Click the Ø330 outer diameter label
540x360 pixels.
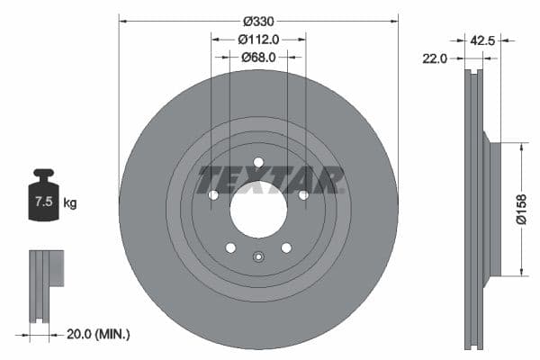[258, 19]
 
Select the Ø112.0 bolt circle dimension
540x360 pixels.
[258, 39]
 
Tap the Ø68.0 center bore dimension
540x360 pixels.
[258, 57]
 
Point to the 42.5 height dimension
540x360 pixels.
[483, 39]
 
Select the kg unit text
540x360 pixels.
[70, 203]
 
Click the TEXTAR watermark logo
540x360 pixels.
[271, 179]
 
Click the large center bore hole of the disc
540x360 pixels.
[258, 210]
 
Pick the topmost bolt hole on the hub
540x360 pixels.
[258, 163]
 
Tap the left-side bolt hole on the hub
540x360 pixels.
[213, 195]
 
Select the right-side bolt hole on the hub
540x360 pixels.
[303, 195]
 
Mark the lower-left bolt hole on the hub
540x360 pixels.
[230, 247]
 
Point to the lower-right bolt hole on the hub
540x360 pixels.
[286, 247]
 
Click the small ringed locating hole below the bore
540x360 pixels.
[258, 256]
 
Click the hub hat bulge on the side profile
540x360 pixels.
[490, 209]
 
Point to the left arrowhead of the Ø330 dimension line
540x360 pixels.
[121, 19]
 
